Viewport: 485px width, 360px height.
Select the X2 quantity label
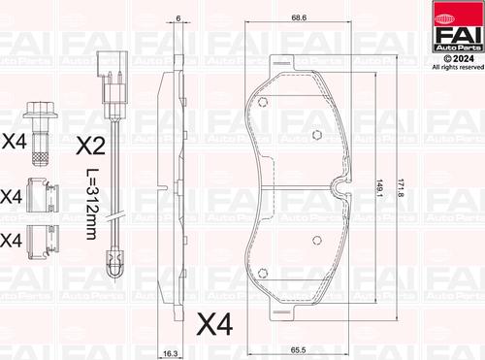[x=90, y=147]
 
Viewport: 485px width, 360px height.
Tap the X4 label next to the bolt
[x=13, y=142]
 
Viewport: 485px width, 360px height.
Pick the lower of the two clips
[x=41, y=236]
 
